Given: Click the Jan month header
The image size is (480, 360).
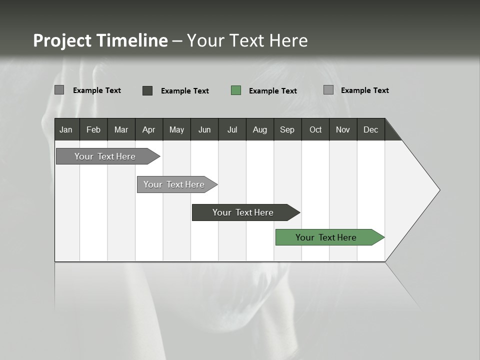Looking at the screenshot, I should (66, 129).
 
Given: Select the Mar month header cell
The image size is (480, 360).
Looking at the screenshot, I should (121, 129).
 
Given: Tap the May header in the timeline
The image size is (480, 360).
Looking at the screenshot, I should (176, 129).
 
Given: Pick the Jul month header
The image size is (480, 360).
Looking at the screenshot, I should (232, 129).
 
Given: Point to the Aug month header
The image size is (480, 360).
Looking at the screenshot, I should (259, 129).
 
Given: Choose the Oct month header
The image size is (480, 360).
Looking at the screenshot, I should (315, 129).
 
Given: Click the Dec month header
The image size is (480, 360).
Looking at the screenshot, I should (370, 129).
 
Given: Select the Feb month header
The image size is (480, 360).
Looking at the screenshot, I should (93, 129).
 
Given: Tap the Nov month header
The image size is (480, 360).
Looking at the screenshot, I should (343, 129).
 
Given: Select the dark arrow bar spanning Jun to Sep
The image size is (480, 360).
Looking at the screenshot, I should (243, 212).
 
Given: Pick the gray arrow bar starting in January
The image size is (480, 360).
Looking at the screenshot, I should (105, 156).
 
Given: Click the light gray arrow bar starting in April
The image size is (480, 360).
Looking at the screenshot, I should (174, 184).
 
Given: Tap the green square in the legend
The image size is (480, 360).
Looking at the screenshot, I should (236, 90).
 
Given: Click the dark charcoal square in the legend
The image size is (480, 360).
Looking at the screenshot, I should (147, 90).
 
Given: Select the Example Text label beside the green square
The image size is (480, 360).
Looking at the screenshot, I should (272, 91).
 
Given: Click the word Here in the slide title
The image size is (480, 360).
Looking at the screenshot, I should (288, 40).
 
